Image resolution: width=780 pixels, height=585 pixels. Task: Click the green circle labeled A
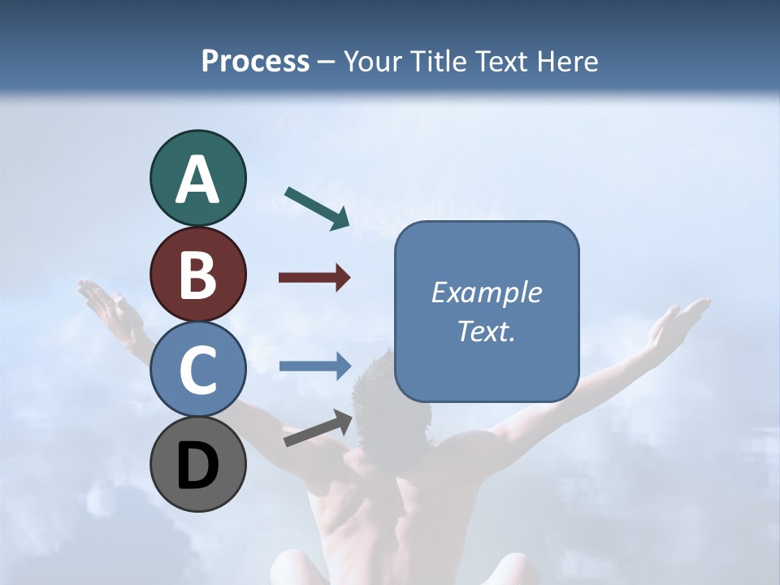coord(198,178)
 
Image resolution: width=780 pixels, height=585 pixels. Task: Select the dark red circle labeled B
coord(198,274)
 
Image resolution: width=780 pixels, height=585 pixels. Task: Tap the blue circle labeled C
coord(198,370)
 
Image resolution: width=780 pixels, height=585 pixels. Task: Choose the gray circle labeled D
coord(198,465)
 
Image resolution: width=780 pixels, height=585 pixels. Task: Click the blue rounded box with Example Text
coord(487,311)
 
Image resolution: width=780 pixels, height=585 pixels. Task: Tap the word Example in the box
coord(487,292)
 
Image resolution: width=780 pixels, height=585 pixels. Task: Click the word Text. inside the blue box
coord(487,331)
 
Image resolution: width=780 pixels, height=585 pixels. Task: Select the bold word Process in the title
coord(255,61)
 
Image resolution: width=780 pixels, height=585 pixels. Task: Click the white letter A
coord(198,180)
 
